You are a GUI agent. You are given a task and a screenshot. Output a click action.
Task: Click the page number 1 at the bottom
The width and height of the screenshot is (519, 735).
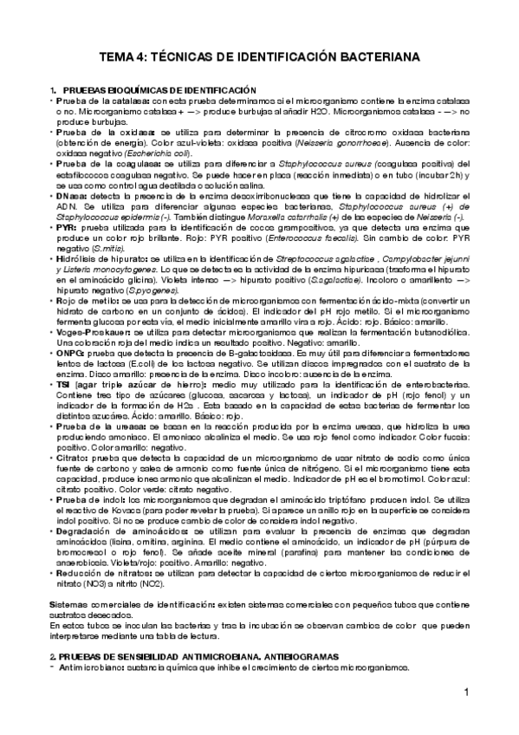click(x=465, y=693)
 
